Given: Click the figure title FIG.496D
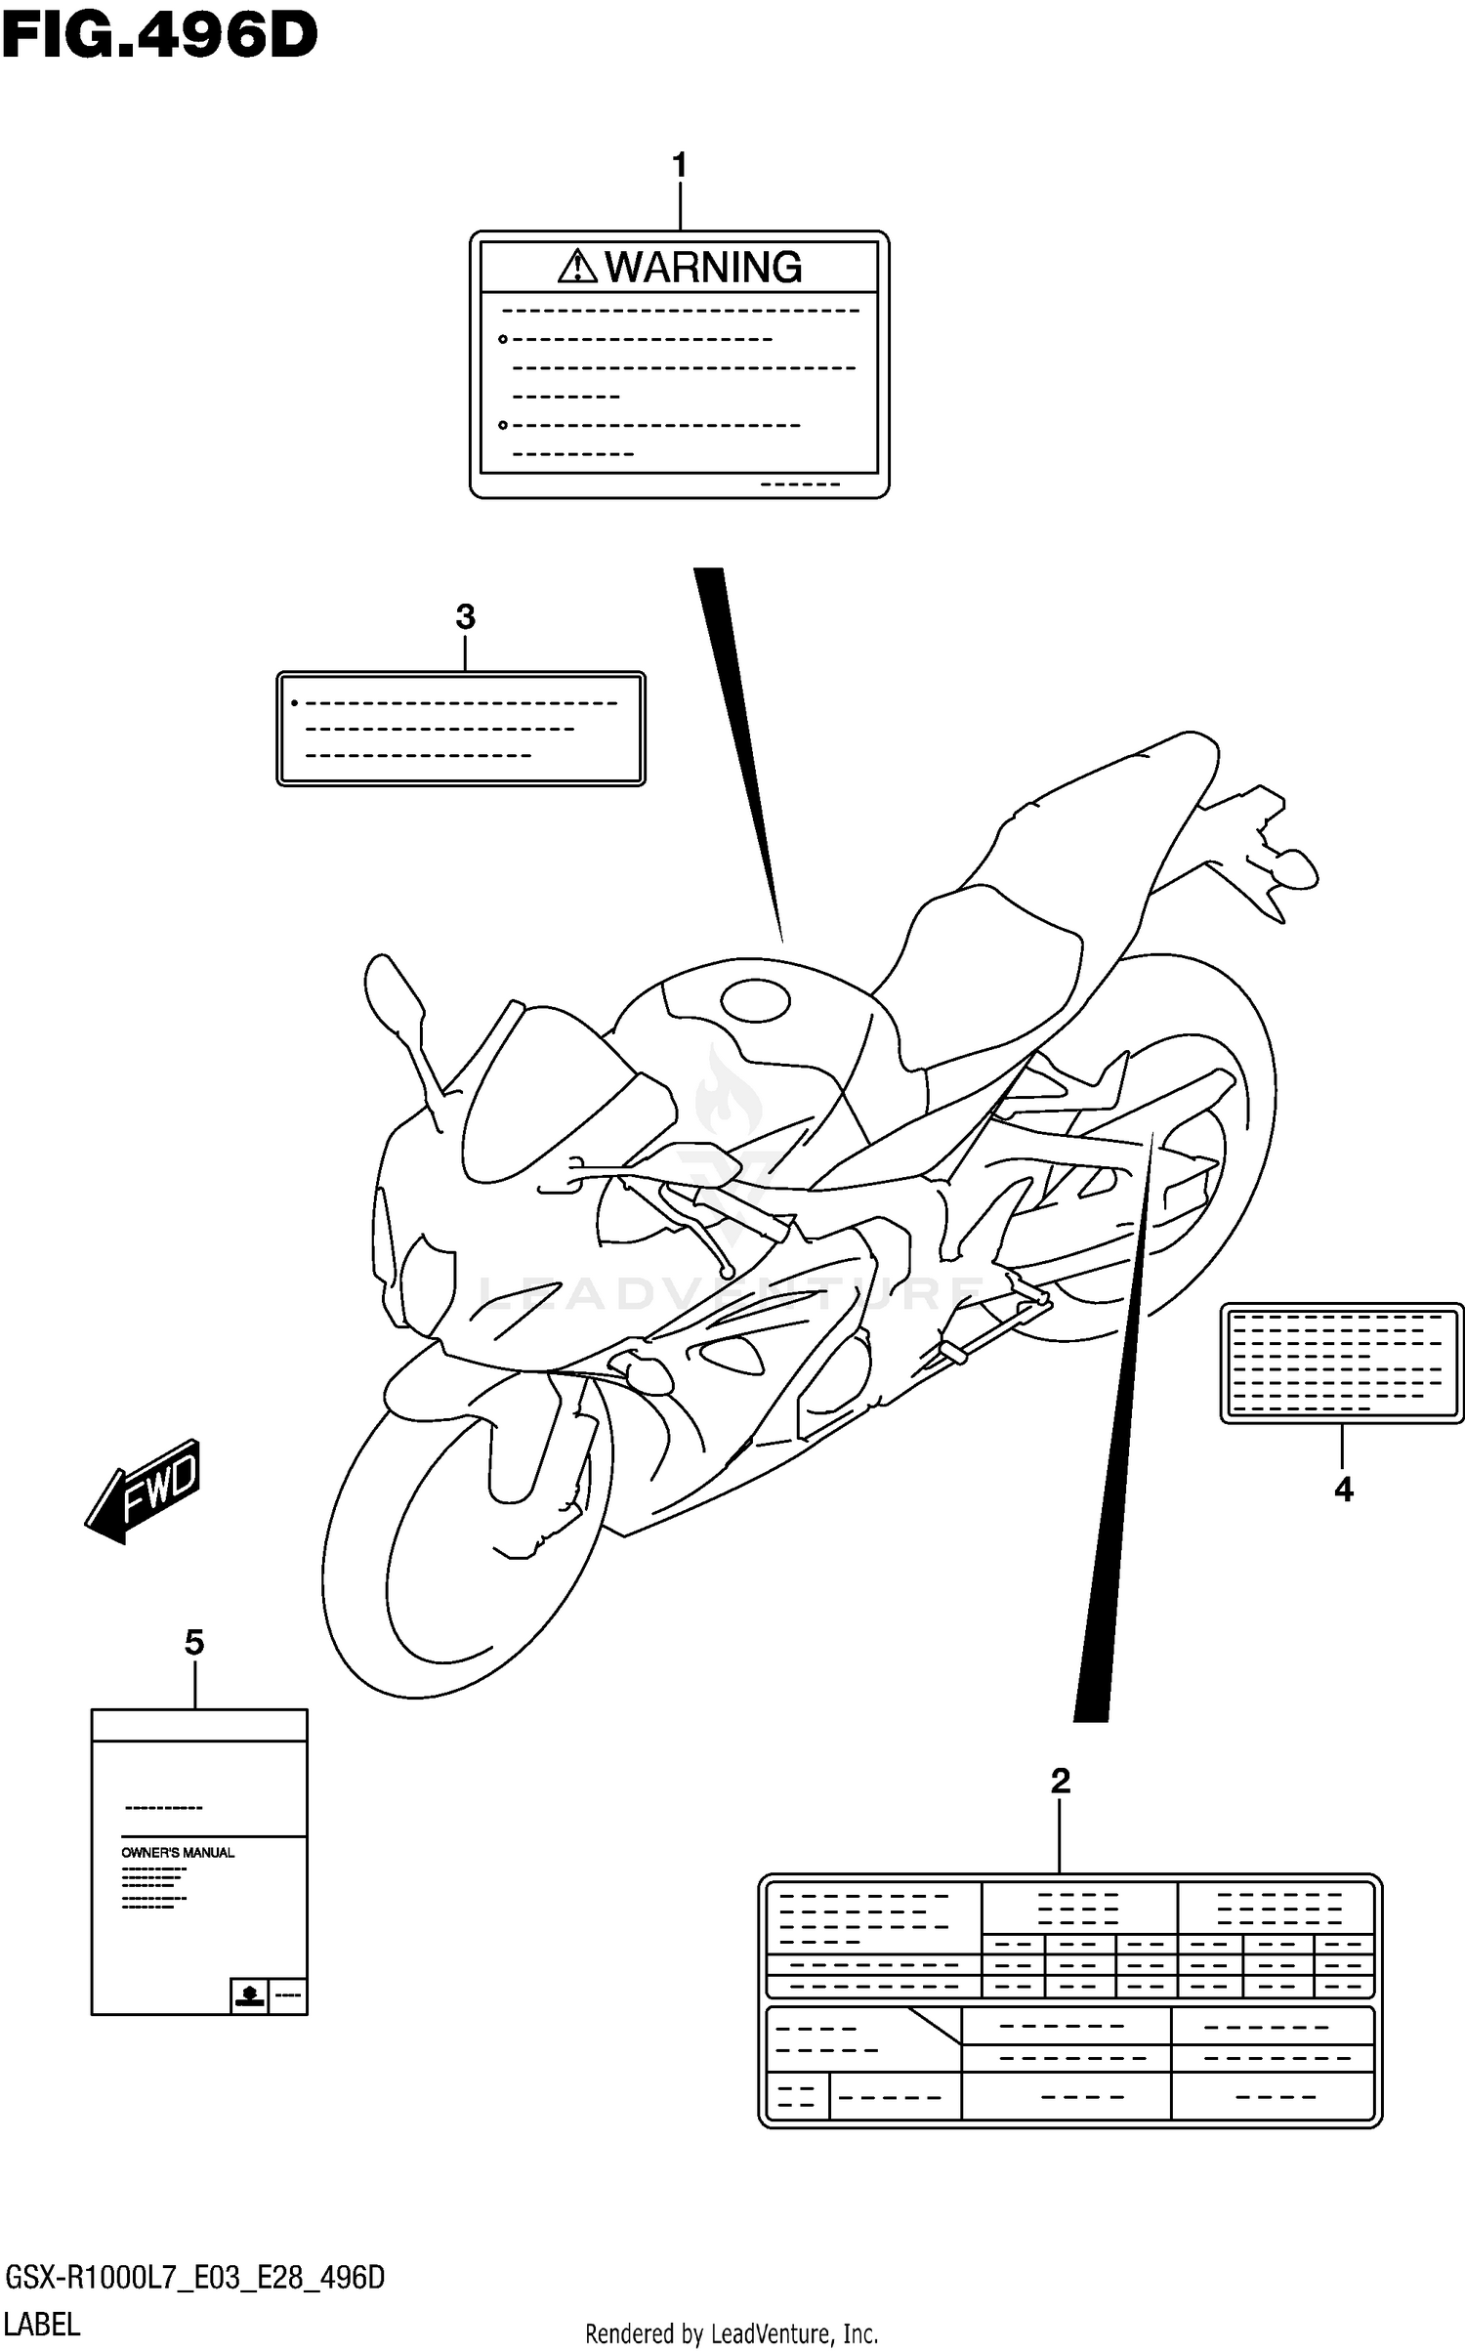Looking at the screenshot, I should point(159,37).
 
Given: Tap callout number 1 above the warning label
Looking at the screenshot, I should point(680,165).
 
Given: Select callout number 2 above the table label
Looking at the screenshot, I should point(1061,1781).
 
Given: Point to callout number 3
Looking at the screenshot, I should point(465,617).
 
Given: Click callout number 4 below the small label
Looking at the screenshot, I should point(1343,1490).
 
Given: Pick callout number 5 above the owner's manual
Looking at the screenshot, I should point(194,1643).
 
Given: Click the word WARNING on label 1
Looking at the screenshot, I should point(703,267).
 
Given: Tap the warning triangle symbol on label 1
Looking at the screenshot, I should point(577,266).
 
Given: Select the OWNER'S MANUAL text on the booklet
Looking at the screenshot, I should point(178,1853).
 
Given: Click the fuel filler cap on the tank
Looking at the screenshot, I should point(754,1001).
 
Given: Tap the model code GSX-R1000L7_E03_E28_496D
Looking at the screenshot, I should point(194,2279).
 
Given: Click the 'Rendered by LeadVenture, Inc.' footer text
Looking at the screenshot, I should point(732,2333).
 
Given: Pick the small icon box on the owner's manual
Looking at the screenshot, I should point(249,1995).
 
